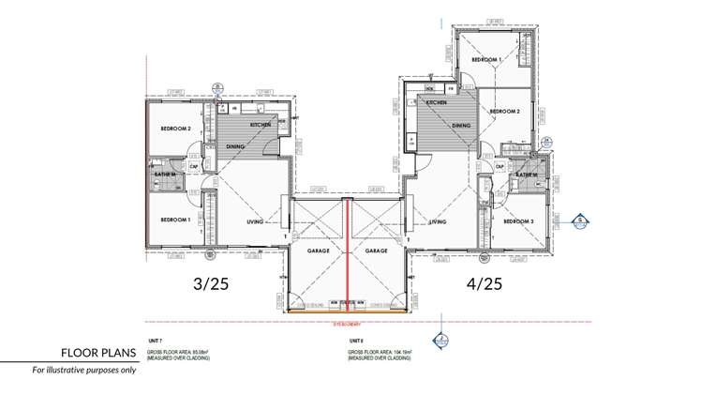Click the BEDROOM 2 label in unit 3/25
(x=175, y=129)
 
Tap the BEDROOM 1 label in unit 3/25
(x=175, y=220)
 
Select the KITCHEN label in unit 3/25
(x=260, y=125)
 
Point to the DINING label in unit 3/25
(x=235, y=146)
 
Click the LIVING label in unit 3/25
(x=254, y=222)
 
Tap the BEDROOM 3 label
(x=518, y=222)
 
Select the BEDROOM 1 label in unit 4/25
(x=486, y=60)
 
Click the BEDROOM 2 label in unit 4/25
(x=505, y=112)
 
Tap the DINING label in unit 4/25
(x=461, y=126)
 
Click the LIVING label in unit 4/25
(x=437, y=222)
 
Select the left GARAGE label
(x=318, y=251)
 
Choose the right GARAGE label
(x=377, y=251)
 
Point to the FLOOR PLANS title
(x=98, y=354)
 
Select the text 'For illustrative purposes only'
(x=84, y=371)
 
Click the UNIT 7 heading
(x=156, y=341)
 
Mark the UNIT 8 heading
(x=355, y=341)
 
